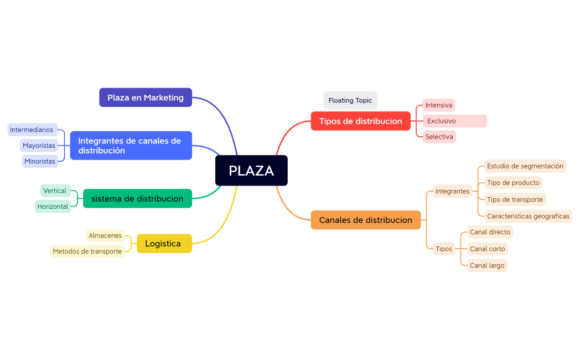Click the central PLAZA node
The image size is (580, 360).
coord(251,171)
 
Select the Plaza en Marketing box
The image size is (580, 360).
coord(146,97)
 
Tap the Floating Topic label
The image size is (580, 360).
coord(350,100)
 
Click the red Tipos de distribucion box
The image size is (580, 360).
coord(360,121)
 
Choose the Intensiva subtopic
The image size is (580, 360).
coord(439,105)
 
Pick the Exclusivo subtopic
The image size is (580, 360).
coord(454,121)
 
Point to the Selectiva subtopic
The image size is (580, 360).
coord(439,137)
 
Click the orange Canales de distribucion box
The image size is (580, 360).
coord(365,220)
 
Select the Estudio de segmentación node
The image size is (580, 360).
coord(525,166)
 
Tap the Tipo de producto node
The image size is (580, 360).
coord(513,183)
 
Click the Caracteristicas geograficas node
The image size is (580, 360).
coord(528,216)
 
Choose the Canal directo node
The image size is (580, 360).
coord(490,232)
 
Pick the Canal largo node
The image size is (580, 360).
coord(487,265)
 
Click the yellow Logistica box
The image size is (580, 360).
coord(164,244)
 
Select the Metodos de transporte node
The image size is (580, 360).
coord(87,251)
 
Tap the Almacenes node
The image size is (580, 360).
coord(105,235)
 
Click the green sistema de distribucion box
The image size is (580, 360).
coord(137,198)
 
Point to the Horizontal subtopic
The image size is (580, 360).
coord(53,207)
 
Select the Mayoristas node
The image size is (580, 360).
coord(39,146)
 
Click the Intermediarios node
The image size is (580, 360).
coord(32,130)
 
